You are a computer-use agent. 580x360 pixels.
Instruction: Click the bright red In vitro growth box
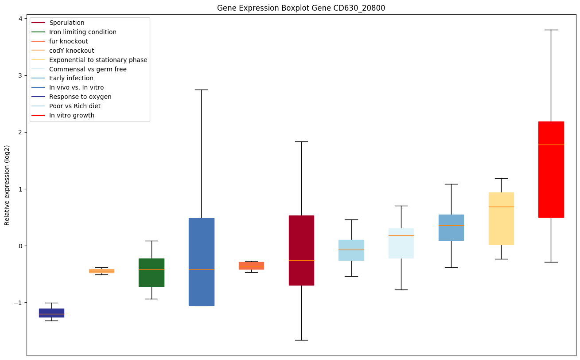coord(551,177)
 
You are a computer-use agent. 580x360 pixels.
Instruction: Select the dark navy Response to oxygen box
coord(51,313)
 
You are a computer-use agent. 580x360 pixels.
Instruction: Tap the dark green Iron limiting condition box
coord(152,272)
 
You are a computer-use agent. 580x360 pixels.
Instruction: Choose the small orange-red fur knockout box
coord(251,266)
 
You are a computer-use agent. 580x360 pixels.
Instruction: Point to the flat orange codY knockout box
coord(101,271)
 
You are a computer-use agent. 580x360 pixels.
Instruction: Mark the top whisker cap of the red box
coord(551,30)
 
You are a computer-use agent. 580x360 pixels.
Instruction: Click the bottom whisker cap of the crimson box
coord(301,340)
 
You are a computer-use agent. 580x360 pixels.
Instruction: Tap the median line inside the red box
coord(551,145)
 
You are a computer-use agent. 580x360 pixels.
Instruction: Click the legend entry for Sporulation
coord(67,23)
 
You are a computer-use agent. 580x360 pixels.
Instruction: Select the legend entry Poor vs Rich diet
coord(75,106)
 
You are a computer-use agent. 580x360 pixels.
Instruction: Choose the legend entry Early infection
coord(71,78)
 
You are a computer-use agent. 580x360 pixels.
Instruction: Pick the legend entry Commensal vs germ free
coord(88,69)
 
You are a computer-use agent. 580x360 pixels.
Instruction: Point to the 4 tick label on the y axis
coord(20,19)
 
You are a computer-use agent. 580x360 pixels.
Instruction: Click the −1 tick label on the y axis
coord(18,303)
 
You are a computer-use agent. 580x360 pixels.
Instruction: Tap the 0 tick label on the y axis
coord(20,246)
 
